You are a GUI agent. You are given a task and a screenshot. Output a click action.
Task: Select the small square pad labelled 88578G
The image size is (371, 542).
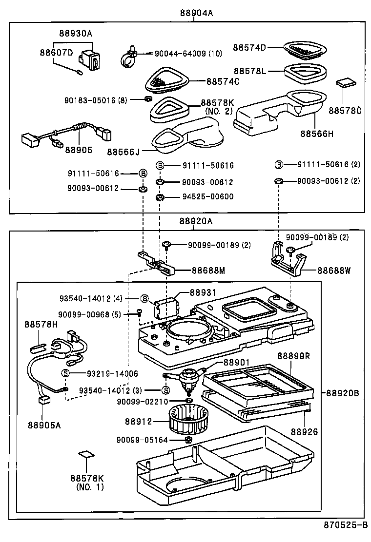coord(345,82)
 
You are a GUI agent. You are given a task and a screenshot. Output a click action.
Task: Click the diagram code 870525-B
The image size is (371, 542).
coord(346,525)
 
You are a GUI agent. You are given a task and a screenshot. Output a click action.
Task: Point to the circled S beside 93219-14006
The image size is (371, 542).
coord(65,373)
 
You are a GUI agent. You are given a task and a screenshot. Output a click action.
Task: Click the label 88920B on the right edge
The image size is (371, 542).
coord(343,392)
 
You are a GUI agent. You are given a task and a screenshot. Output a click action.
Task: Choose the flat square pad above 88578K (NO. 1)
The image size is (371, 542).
coord(86,454)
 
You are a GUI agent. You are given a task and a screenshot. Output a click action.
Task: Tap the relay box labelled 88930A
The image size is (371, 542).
coord(91,61)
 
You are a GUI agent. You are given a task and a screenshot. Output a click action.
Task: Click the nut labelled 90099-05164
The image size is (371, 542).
coord(187,440)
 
